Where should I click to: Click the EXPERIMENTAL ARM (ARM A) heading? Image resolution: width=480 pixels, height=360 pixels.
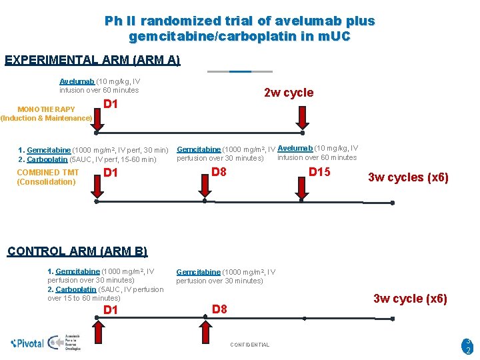click(92, 60)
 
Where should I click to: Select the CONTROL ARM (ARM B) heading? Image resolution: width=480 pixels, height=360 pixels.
click(77, 251)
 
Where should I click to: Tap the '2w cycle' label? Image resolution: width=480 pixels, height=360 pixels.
click(288, 93)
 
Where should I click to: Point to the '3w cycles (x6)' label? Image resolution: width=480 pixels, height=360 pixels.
click(408, 177)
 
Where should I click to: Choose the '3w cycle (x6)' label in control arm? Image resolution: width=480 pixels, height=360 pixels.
click(410, 299)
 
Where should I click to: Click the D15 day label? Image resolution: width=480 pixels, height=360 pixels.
click(319, 173)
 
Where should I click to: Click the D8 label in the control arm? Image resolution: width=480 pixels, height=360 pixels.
click(219, 309)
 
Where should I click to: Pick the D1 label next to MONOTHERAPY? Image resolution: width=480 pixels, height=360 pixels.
click(111, 104)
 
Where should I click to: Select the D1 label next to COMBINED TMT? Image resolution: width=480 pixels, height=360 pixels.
click(111, 173)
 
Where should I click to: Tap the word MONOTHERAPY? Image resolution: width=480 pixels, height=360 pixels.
click(46, 109)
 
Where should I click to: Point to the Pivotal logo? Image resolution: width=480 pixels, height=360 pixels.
click(27, 343)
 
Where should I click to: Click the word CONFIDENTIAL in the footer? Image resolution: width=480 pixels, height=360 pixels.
click(249, 345)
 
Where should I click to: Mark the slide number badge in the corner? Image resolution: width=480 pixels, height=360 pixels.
click(468, 345)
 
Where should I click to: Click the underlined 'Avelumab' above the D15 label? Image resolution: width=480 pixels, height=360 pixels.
click(293, 148)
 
